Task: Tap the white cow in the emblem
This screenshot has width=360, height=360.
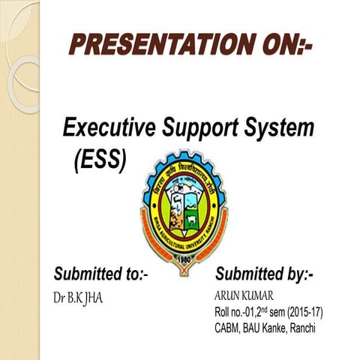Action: click(x=190, y=221)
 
